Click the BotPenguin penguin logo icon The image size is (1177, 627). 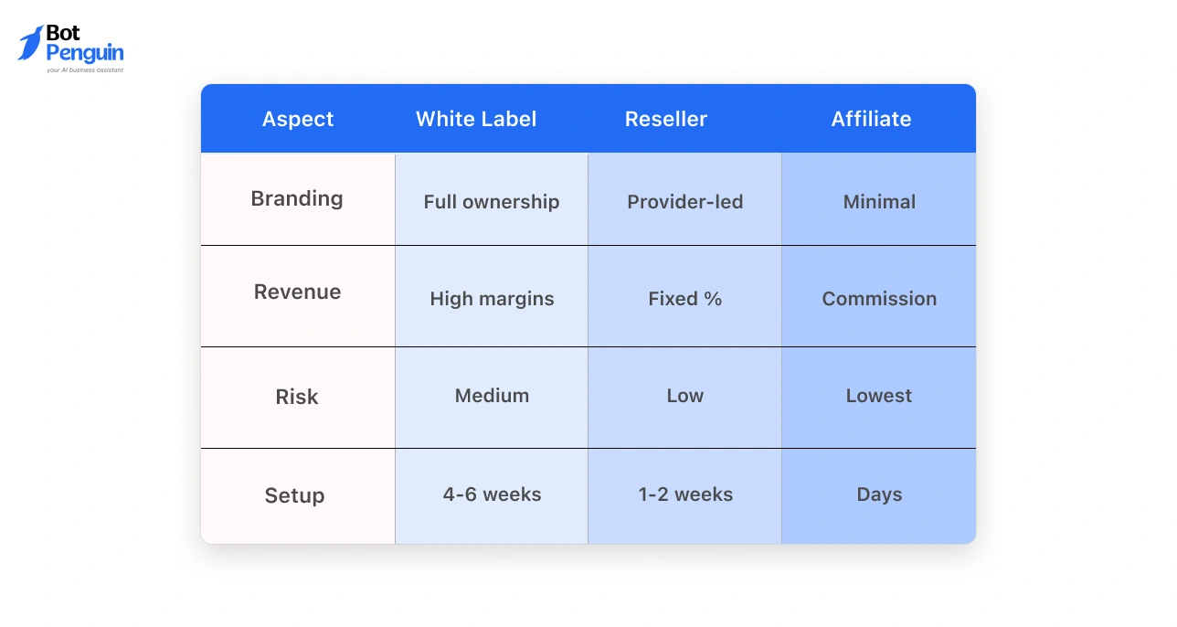click(30, 43)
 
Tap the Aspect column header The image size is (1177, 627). click(298, 119)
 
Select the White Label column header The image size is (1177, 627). click(476, 119)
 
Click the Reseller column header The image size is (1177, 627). click(666, 119)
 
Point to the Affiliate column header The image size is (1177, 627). click(871, 119)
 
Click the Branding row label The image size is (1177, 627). click(297, 199)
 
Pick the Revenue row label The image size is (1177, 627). click(297, 292)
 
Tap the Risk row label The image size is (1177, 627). click(297, 397)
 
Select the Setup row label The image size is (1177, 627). click(294, 495)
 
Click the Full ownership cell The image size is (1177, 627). click(492, 202)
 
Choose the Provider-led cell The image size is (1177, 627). click(685, 202)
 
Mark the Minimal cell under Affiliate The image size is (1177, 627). click(879, 202)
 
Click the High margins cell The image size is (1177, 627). click(492, 299)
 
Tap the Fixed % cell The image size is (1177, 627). click(685, 299)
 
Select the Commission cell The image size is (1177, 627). click(879, 299)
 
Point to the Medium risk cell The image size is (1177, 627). click(492, 396)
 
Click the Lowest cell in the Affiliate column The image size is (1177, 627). click(879, 396)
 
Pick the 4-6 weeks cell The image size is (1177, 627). click(492, 494)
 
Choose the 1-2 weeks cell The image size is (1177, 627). click(685, 494)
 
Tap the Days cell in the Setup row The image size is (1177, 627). click(879, 494)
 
